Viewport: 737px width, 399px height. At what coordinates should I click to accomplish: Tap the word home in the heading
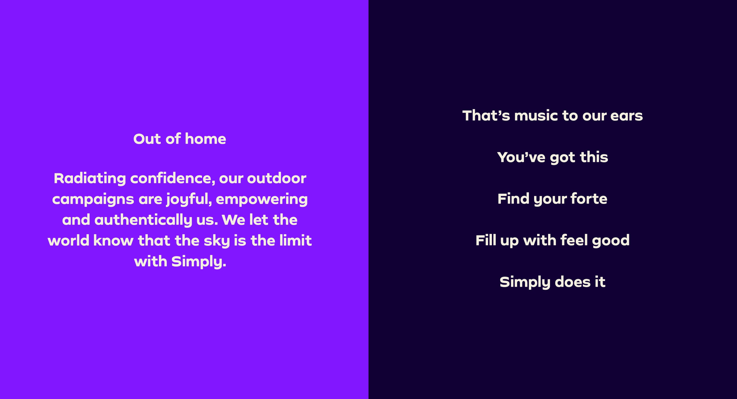205,139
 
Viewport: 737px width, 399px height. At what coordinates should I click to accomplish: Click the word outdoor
277,178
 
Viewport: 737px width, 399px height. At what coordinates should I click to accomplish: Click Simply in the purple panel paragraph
199,262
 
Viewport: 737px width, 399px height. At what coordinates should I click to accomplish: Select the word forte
589,199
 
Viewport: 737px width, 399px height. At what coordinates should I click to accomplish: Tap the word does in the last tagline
573,282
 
